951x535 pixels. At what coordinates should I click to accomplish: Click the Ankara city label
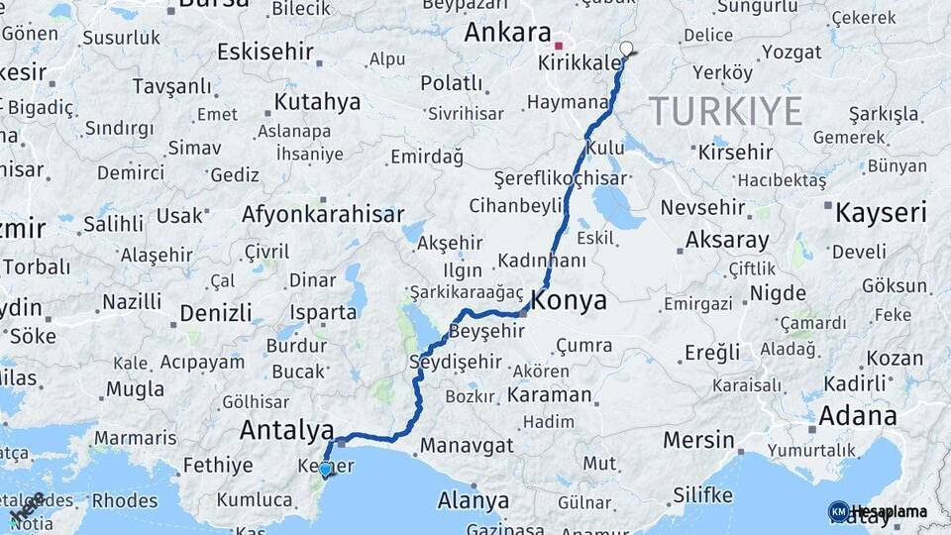[x=507, y=32]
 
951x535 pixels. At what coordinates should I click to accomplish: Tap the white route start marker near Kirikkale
[x=625, y=48]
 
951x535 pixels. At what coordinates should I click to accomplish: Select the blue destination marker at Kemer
[x=324, y=470]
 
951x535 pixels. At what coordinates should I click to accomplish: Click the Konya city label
[x=569, y=301]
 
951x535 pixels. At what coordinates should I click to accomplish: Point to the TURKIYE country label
[x=725, y=111]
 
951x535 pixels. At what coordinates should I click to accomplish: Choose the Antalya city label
[x=286, y=431]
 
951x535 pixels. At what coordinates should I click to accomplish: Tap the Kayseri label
[x=881, y=212]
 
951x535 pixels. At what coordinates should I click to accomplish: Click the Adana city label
[x=859, y=415]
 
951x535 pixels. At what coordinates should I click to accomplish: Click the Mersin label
[x=698, y=439]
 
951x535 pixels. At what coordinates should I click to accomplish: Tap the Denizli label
[x=216, y=314]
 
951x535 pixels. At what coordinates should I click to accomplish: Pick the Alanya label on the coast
[x=474, y=499]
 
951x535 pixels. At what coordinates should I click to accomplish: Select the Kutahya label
[x=317, y=102]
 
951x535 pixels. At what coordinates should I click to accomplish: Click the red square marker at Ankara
[x=559, y=45]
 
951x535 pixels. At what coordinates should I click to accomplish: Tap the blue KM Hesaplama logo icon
[x=838, y=511]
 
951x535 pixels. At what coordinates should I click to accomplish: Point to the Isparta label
[x=323, y=312]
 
